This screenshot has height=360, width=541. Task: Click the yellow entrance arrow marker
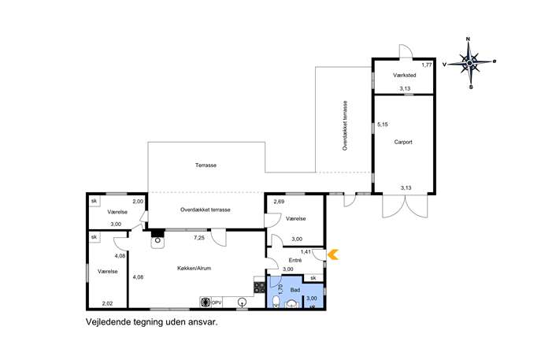point(333,254)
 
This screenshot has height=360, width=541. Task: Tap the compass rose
point(469,63)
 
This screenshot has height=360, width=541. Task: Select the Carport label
point(403,142)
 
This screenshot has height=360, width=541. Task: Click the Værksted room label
point(404,75)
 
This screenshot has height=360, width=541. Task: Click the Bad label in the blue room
point(295,290)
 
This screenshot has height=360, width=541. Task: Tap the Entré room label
point(295,260)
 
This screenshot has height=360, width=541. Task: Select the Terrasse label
point(206,165)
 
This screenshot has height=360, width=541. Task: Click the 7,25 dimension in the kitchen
point(199,237)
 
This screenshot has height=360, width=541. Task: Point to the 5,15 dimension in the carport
point(382,124)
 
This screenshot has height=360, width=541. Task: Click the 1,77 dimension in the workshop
point(427,65)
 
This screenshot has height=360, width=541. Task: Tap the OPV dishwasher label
point(217,302)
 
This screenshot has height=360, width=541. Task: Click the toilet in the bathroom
point(276,302)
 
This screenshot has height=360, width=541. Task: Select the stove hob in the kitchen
point(259,288)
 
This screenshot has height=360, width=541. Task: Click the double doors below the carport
point(405,206)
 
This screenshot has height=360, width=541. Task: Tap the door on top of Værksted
point(406,51)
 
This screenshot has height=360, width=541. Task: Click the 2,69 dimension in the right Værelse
point(279,202)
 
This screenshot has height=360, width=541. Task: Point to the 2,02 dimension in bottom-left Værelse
point(107,304)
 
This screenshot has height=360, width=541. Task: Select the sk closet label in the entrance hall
point(313,277)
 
